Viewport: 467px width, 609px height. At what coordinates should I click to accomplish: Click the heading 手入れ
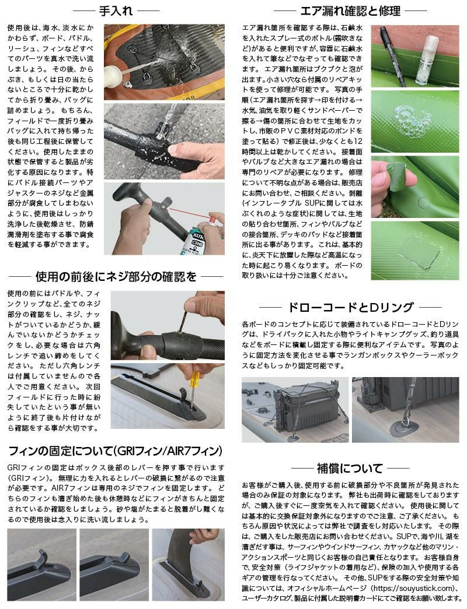(x=116, y=10)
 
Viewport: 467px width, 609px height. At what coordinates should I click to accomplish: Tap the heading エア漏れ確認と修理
(x=350, y=11)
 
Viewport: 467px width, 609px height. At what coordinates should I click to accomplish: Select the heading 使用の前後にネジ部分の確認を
(x=116, y=277)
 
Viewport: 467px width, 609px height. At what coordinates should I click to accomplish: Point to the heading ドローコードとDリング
(x=350, y=307)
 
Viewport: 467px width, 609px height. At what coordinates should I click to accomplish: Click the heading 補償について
(x=350, y=469)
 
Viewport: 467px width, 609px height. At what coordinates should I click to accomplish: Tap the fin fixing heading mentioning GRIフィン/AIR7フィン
(x=115, y=451)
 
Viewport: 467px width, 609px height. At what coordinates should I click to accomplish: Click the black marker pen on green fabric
(x=392, y=54)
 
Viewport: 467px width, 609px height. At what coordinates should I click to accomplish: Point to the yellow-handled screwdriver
(x=193, y=388)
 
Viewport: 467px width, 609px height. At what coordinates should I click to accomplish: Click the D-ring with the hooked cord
(x=407, y=420)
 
